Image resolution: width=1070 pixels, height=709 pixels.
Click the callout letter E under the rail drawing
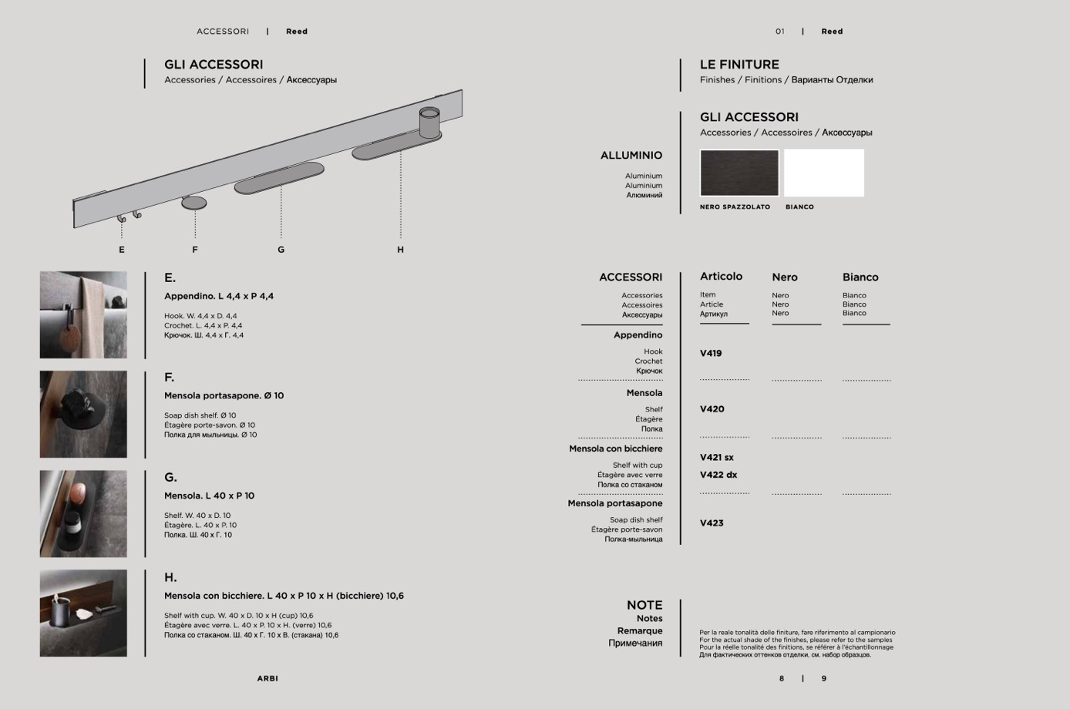[x=122, y=250]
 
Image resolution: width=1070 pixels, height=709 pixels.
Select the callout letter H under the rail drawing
[x=400, y=250]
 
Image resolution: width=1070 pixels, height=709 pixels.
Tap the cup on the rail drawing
[x=429, y=123]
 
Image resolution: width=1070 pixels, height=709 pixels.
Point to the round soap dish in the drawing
[x=194, y=203]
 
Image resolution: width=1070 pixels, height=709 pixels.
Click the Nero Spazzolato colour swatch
[x=739, y=173]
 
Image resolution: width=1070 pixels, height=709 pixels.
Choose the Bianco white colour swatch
[x=824, y=173]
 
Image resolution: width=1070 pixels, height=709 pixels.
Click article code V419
[x=711, y=354]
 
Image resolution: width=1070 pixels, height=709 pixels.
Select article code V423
[x=712, y=523]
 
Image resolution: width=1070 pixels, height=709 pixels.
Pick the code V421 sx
[x=717, y=458]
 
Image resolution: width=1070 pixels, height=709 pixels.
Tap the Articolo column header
[x=721, y=277]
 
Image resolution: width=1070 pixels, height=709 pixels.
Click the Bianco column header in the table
[x=860, y=277]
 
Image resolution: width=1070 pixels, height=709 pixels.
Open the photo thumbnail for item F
[x=83, y=415]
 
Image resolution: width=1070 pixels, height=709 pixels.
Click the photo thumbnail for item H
[x=83, y=613]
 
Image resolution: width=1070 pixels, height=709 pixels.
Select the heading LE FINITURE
[x=739, y=65]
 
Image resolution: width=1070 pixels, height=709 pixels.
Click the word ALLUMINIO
[x=631, y=156]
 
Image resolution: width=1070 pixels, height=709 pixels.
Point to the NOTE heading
[x=644, y=606]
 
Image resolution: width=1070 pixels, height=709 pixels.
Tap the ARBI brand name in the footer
[x=267, y=679]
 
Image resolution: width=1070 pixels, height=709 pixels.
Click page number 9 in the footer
[x=824, y=679]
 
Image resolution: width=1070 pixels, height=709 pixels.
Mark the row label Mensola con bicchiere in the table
[x=616, y=449]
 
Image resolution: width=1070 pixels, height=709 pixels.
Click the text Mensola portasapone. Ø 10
[x=224, y=396]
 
